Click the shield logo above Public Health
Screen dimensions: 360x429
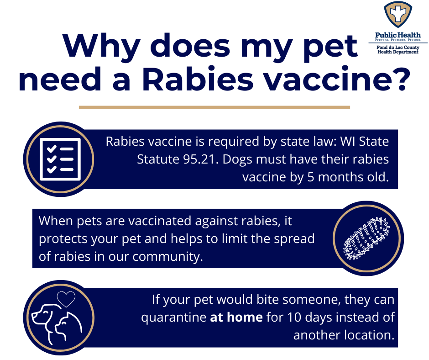click(x=398, y=15)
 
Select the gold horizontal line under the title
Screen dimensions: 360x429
click(x=214, y=107)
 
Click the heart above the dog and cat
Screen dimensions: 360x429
click(x=66, y=299)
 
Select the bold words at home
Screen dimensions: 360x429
click(x=236, y=317)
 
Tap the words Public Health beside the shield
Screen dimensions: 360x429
click(x=398, y=35)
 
